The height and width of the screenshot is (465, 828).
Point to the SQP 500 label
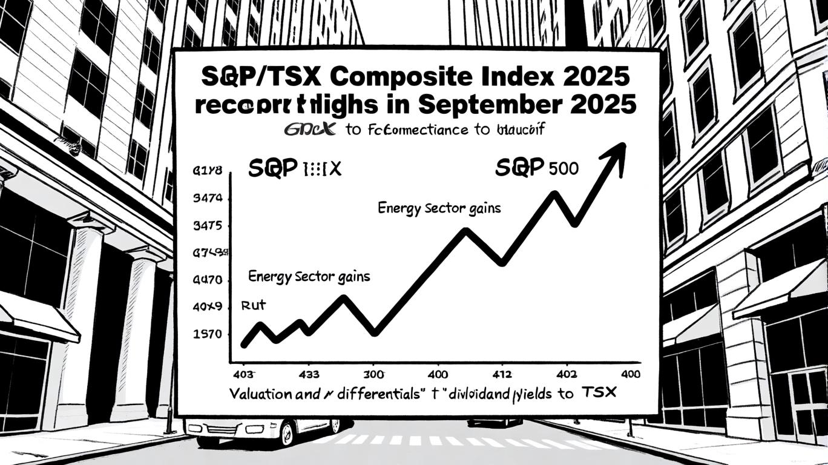[x=536, y=168]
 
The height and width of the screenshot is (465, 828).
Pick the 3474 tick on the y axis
[x=207, y=198]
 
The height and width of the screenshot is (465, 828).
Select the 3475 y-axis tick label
[x=207, y=226]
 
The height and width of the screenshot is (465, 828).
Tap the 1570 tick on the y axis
[x=207, y=334]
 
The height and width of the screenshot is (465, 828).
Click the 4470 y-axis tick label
[x=207, y=280]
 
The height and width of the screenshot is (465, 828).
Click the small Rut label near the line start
[x=254, y=305]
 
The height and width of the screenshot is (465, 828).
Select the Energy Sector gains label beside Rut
[x=309, y=277]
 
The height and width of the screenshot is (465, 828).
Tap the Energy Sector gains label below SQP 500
[x=439, y=208]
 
